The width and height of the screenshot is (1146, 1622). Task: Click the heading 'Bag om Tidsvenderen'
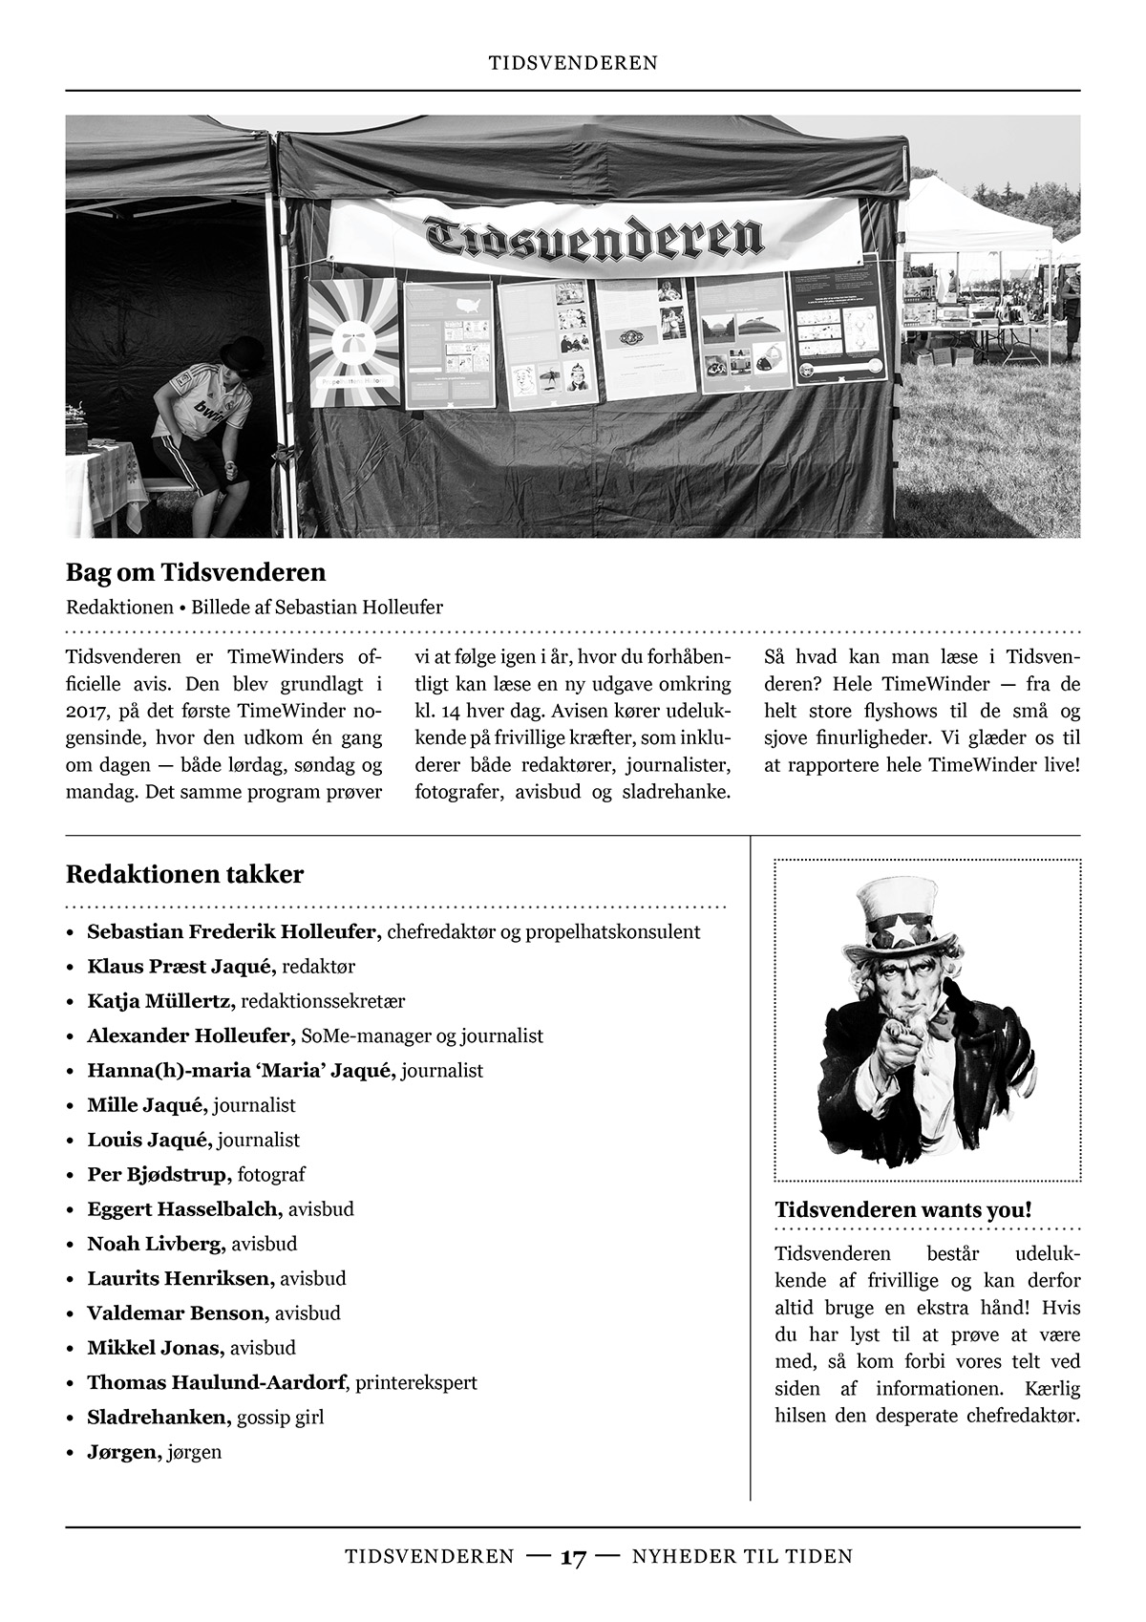196,573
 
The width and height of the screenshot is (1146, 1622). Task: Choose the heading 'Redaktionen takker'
184,875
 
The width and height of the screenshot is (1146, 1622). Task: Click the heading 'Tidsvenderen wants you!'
903,1209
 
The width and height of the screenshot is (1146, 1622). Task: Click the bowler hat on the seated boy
246,350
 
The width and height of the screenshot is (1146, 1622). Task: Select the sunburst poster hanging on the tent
353,342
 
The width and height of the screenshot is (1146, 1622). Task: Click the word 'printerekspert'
416,1382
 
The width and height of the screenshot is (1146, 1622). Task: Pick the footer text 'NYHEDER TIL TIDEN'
742,1557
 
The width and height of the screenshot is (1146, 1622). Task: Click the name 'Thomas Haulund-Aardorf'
216,1382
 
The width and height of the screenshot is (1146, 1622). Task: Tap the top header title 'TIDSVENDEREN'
573,63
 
